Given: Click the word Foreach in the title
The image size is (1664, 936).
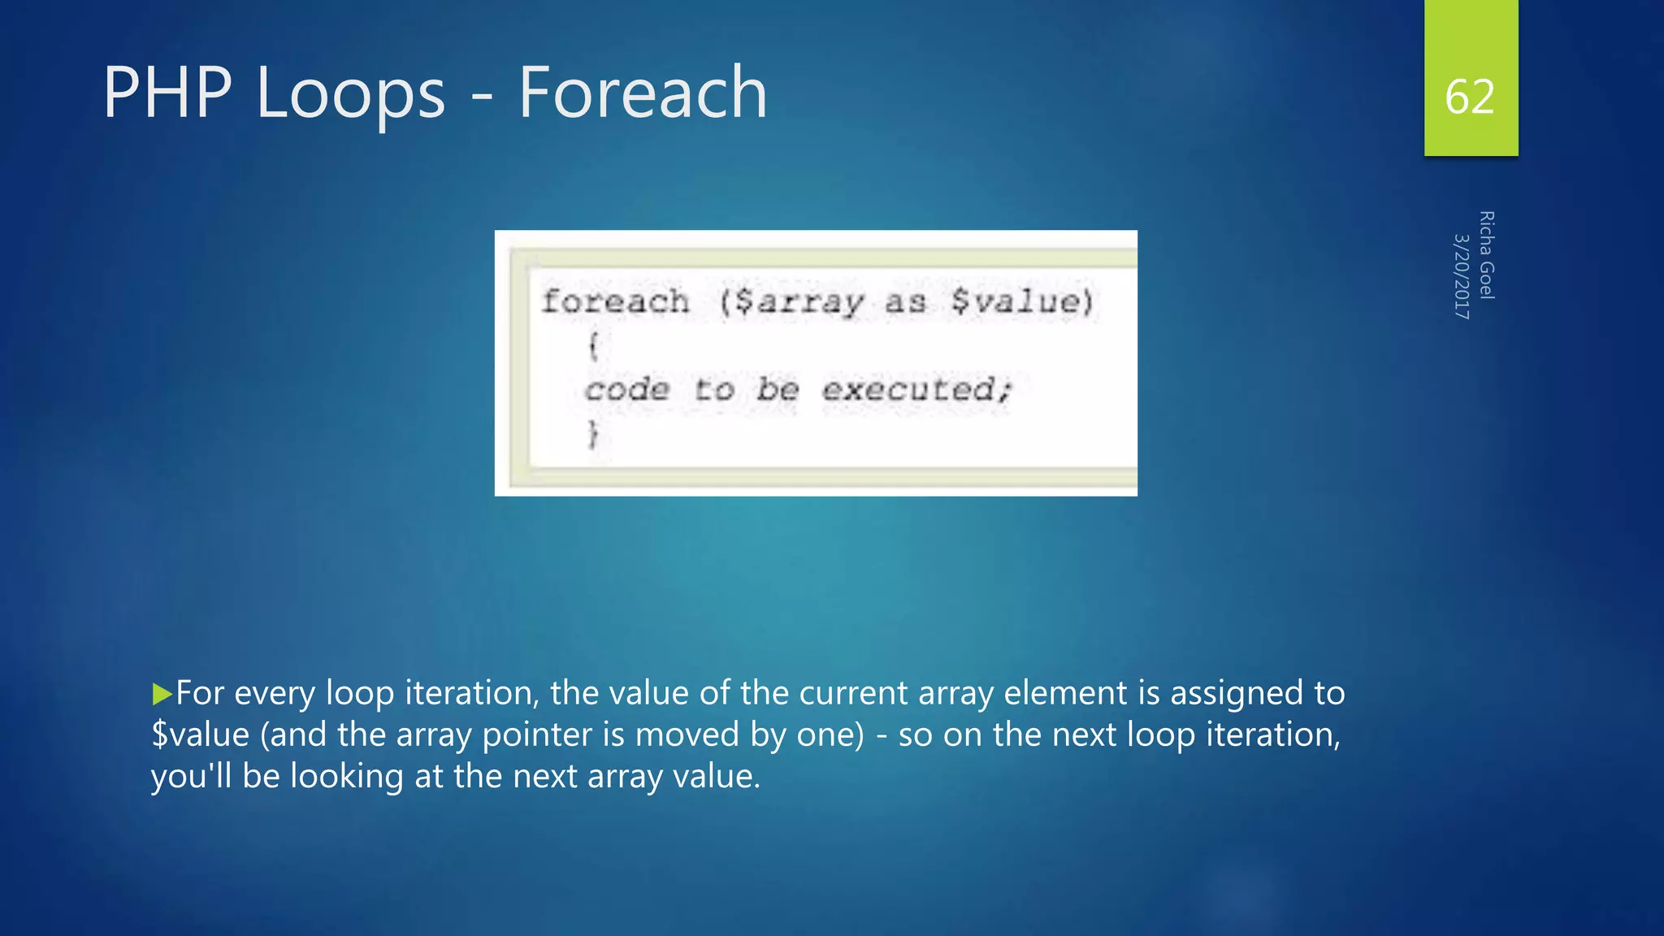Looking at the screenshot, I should click(642, 93).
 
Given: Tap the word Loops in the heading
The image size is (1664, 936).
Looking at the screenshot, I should click(350, 94).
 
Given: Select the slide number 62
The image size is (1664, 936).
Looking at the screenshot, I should click(1469, 97).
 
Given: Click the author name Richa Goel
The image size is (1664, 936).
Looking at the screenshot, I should click(1486, 255).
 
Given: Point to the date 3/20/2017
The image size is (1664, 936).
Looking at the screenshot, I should click(1461, 276).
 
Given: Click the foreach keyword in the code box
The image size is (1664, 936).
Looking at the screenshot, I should click(615, 301).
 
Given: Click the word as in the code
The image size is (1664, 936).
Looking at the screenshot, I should click(905, 302).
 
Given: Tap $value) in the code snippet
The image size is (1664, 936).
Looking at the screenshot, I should click(1022, 301).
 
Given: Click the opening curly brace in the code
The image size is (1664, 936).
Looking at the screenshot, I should click(593, 346).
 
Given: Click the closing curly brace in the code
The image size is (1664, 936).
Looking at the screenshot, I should click(593, 434).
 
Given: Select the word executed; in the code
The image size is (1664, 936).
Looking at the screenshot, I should click(916, 390).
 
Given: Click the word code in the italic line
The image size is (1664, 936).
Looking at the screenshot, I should click(627, 390).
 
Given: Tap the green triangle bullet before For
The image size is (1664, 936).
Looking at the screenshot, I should click(162, 694).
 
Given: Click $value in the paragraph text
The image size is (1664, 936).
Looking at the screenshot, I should click(201, 734).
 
